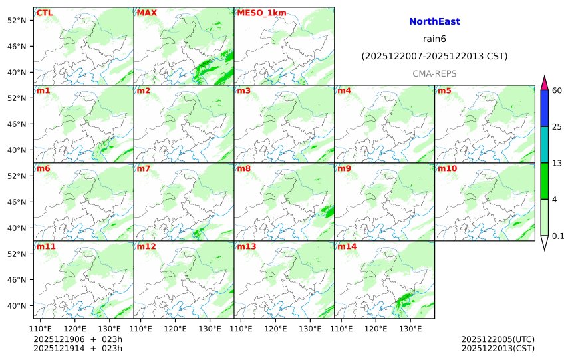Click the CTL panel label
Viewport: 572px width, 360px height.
(x=45, y=13)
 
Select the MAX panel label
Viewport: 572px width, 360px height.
(x=146, y=13)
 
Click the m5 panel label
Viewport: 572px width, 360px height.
(x=444, y=90)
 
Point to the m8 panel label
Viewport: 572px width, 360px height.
(x=243, y=168)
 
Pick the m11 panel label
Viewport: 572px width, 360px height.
(x=46, y=247)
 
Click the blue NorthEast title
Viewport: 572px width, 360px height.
(x=434, y=22)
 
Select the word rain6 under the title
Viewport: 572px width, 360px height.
(x=434, y=39)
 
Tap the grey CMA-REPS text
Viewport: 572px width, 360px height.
(x=434, y=73)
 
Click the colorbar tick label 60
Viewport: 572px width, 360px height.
(x=557, y=90)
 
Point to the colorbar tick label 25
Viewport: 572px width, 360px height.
(x=557, y=126)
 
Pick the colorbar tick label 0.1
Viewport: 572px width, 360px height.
(x=558, y=236)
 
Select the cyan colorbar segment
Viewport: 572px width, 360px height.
(x=544, y=144)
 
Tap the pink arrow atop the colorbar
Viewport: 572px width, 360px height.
(x=544, y=83)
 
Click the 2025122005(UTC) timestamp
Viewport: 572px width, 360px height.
(x=498, y=339)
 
